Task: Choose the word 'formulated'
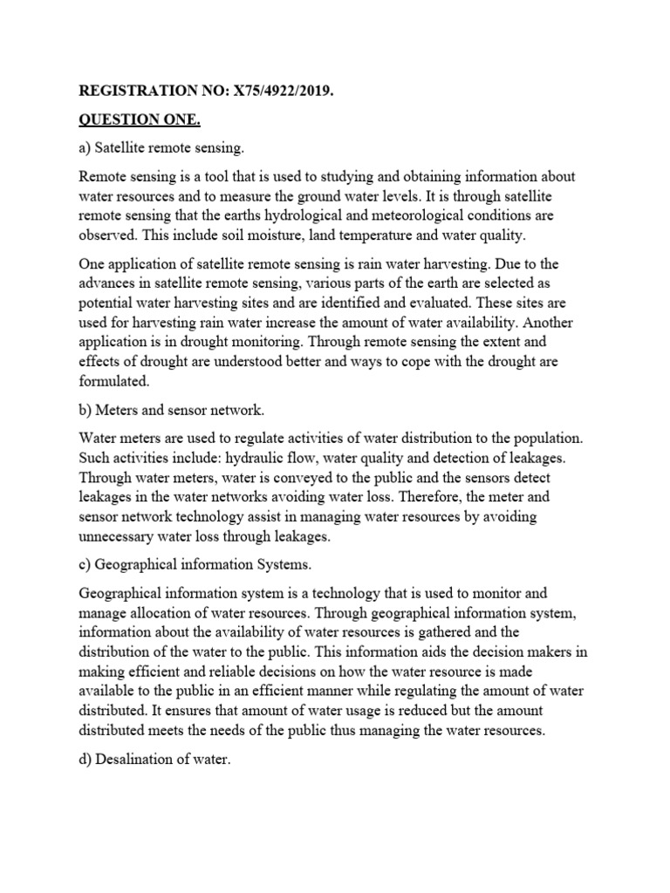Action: click(114, 381)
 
